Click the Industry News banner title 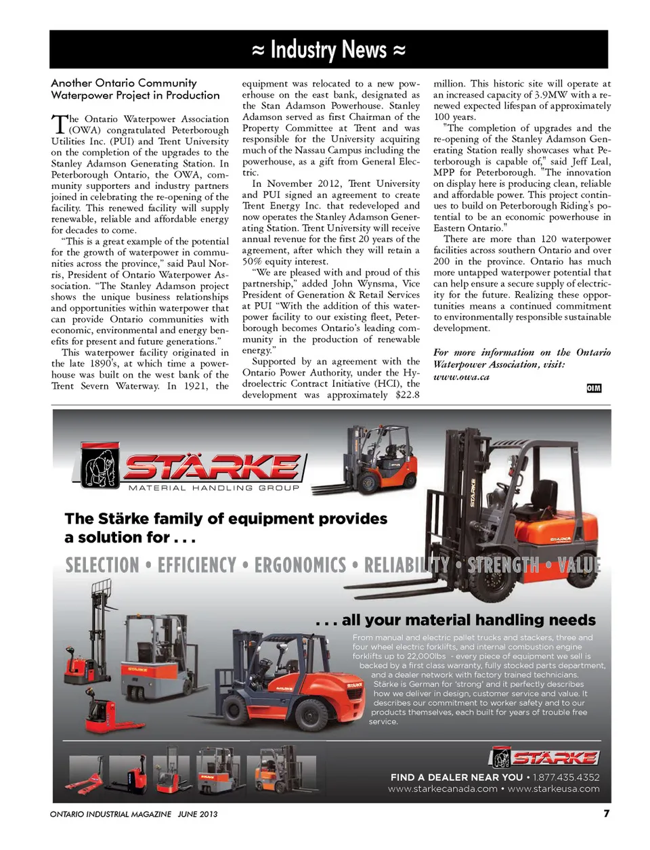point(328,50)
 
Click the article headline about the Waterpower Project point(135,89)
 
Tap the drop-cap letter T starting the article point(60,124)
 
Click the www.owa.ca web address point(461,377)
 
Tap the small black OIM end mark point(594,388)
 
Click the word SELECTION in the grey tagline point(102,566)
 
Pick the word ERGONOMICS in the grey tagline point(300,566)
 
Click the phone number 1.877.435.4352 point(566,778)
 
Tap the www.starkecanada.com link point(443,789)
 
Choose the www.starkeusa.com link point(553,789)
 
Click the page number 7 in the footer point(607,813)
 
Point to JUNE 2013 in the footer point(198,814)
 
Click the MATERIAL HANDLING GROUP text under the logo point(213,488)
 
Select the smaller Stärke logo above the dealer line point(544,757)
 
